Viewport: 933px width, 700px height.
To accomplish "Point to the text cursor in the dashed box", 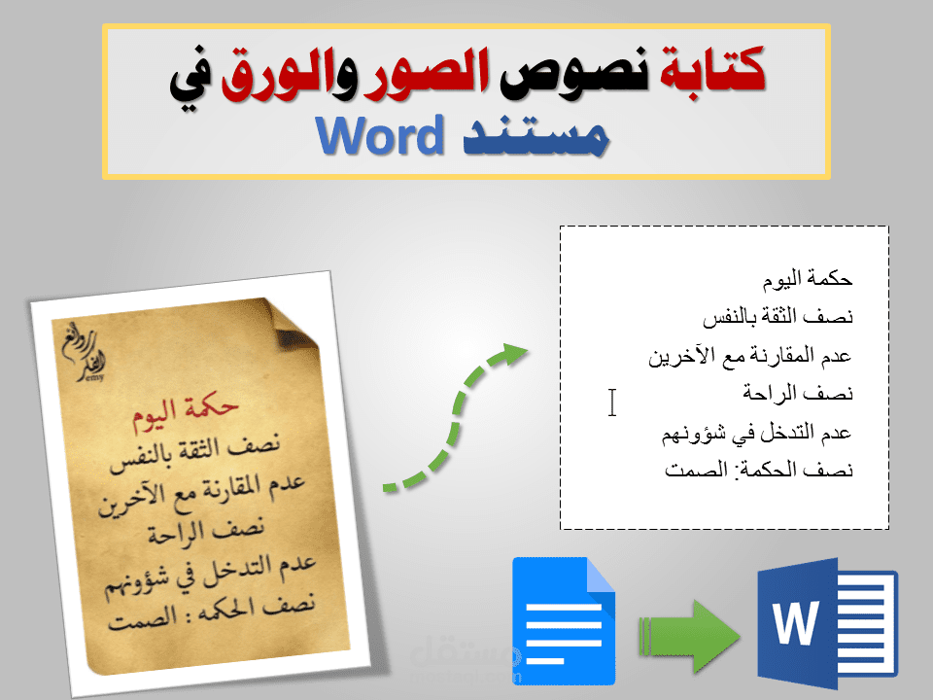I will tap(612, 402).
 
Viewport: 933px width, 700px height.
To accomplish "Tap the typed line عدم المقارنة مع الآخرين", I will tap(750, 356).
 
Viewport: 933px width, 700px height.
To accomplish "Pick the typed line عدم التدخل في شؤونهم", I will tap(756, 432).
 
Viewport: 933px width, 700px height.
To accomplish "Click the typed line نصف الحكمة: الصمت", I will tap(759, 471).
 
